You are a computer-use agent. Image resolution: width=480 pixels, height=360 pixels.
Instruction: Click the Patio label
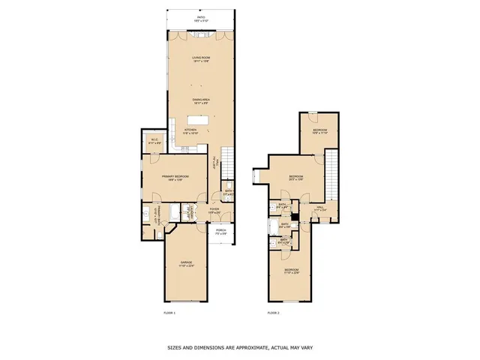tap(200, 17)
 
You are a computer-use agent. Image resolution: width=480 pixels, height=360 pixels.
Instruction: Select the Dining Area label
tap(200, 100)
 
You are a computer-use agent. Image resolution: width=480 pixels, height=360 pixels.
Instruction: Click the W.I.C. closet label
tap(152, 139)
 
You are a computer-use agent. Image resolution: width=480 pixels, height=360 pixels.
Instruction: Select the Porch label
tap(221, 231)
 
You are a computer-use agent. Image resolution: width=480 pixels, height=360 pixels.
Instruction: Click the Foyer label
tap(214, 210)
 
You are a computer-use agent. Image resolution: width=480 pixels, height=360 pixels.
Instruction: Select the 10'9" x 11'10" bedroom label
tap(320, 131)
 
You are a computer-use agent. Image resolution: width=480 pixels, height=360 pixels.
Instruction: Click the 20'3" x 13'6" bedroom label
tap(296, 177)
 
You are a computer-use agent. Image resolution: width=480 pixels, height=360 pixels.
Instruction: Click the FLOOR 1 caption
tap(169, 312)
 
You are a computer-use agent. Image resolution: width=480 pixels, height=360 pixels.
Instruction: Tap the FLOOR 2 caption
tap(273, 312)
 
